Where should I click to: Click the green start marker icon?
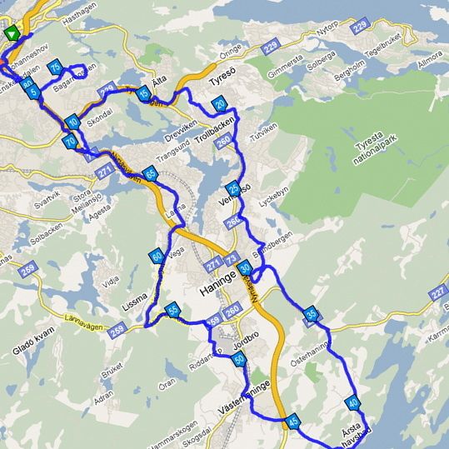click(11, 33)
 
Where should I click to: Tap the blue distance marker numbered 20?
click(219, 103)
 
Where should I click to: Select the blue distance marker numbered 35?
click(311, 314)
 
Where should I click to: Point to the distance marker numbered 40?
click(353, 403)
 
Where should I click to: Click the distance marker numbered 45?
click(292, 423)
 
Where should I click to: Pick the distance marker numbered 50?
click(239, 360)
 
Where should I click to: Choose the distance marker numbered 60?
click(157, 257)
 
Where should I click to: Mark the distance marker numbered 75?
click(56, 67)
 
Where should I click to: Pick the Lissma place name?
click(140, 295)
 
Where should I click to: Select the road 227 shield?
click(438, 292)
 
